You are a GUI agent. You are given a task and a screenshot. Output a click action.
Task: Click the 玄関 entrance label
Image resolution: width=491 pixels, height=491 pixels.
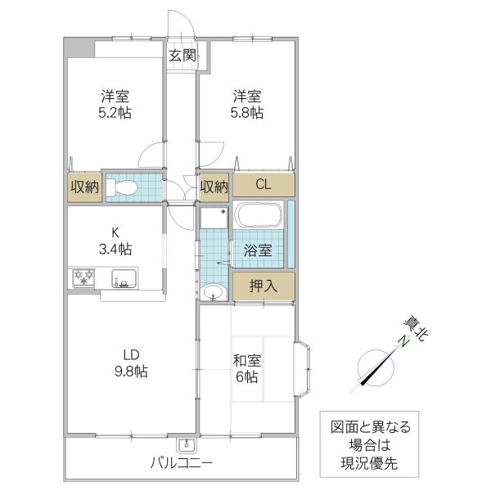182,56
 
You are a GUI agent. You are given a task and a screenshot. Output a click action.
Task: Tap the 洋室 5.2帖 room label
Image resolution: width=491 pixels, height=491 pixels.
115,104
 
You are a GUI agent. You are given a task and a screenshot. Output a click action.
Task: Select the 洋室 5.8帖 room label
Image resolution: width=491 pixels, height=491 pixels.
245,104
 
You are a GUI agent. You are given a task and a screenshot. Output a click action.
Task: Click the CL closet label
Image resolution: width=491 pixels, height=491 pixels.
263,184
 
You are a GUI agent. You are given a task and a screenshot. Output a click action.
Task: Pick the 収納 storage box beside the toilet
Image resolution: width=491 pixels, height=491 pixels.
84,187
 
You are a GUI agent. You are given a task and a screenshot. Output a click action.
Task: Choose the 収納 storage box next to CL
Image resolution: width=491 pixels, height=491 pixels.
214,187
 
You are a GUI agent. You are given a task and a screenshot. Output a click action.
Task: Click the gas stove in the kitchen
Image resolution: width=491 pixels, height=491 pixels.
83,278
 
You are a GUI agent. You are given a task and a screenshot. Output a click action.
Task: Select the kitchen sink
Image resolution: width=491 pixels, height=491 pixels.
123,278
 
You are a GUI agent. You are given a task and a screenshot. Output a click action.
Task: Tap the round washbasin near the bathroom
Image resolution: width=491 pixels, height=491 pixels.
213,291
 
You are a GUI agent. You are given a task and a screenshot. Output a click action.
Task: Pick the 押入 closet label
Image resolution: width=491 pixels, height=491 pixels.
263,285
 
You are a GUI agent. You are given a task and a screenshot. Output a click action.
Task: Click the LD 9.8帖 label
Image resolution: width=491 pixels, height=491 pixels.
131,363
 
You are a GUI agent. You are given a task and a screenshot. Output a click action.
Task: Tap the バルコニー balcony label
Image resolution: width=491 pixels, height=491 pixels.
182,463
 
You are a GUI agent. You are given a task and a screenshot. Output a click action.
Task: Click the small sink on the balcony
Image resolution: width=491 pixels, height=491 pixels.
187,446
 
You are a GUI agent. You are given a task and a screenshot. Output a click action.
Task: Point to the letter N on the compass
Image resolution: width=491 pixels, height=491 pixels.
403,341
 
